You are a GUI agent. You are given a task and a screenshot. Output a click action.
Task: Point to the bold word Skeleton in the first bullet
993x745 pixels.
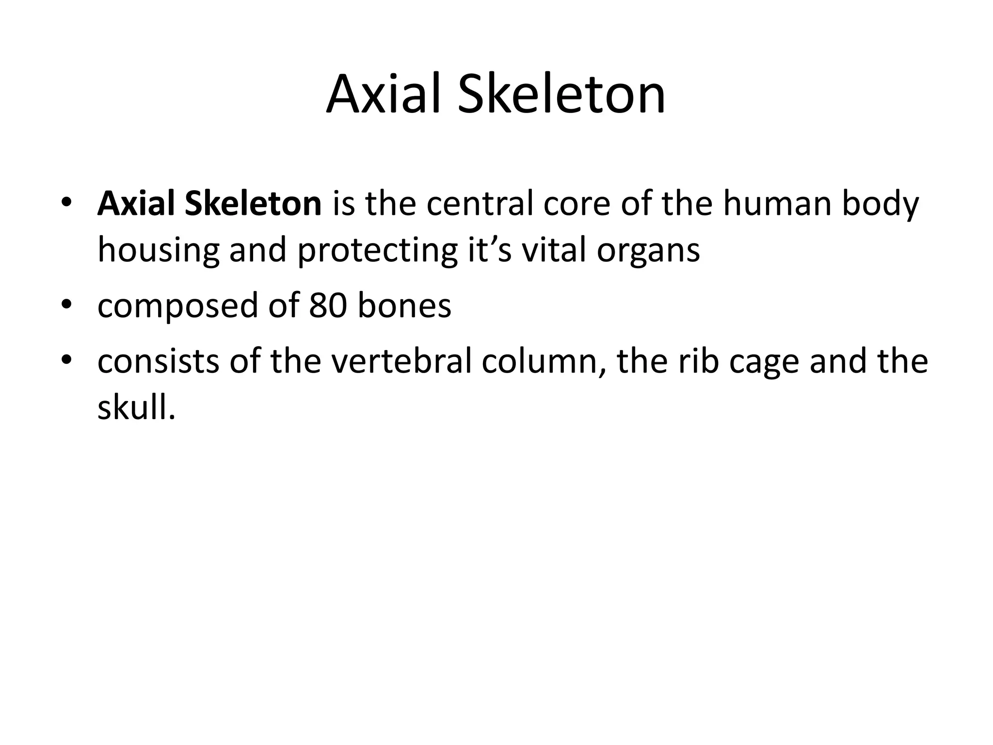[253, 204]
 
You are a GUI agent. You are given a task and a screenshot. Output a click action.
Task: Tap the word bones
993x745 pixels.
[404, 307]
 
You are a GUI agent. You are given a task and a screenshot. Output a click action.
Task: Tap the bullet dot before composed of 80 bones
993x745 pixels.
[67, 305]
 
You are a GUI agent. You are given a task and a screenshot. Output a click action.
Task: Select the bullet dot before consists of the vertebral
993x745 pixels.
[67, 360]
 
